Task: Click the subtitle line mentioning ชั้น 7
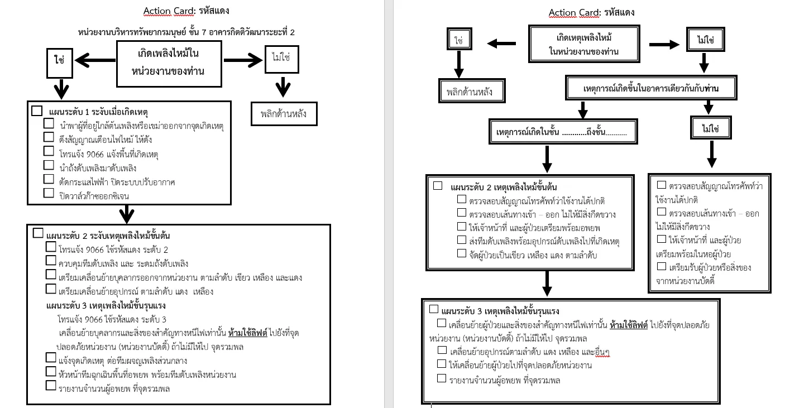point(186,32)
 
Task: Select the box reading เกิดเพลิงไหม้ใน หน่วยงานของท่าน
point(169,64)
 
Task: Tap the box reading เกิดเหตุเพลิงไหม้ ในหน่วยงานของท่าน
point(584,44)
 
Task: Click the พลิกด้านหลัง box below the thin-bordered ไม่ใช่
point(284,113)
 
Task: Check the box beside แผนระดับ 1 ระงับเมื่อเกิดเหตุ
point(37,111)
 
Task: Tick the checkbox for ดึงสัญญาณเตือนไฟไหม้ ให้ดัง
point(49,137)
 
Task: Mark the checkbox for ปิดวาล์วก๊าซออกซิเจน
point(49,193)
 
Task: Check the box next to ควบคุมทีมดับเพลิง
point(51,261)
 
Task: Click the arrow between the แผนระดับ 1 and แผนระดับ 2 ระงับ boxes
point(127,214)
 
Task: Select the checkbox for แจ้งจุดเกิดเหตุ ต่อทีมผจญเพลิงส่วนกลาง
point(51,358)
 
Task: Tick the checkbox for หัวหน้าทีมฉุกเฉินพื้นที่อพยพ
point(51,372)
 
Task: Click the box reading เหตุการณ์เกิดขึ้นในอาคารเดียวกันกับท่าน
point(651,88)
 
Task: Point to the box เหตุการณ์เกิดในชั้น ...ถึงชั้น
point(563,131)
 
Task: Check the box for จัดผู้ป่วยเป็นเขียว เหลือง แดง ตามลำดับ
point(462,253)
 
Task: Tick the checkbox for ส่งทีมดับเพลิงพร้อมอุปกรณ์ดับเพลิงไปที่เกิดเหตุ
point(462,240)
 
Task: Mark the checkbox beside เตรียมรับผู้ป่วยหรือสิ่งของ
point(661,267)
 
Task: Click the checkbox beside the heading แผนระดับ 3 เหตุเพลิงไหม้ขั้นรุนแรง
point(434,309)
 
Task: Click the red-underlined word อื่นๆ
point(602,352)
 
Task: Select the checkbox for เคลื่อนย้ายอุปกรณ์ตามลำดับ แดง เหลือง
point(442,350)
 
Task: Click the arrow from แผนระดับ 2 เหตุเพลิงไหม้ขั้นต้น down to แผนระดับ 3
point(547,284)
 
